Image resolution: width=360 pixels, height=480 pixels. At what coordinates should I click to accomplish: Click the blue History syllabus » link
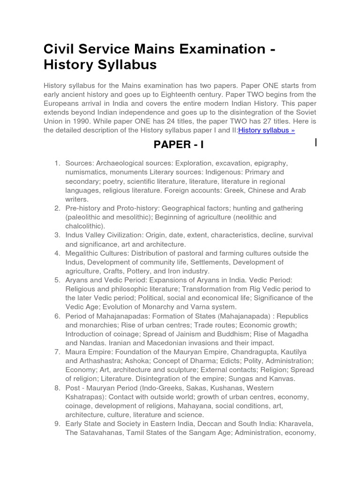click(x=266, y=130)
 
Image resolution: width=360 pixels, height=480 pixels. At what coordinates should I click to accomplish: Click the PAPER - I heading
click(x=179, y=145)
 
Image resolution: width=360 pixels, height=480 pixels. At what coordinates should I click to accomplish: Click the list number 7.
click(x=57, y=352)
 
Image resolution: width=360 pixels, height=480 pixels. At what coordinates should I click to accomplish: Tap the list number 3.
click(x=57, y=235)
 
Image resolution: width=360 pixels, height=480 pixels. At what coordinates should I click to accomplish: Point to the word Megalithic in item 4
click(x=83, y=253)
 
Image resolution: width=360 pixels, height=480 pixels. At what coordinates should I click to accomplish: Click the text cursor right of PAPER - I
click(x=316, y=142)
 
